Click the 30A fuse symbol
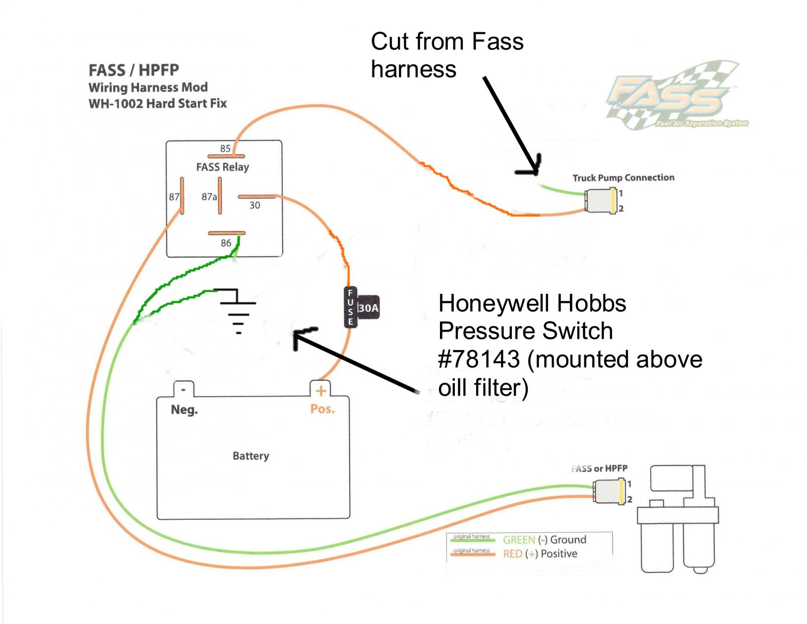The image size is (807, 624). click(361, 308)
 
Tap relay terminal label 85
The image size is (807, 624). click(225, 148)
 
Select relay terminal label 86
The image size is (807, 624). click(226, 243)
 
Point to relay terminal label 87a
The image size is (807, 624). click(209, 197)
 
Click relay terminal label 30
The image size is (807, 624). click(254, 206)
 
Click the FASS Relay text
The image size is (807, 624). click(223, 167)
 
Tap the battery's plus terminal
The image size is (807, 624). click(321, 391)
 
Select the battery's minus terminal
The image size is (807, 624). click(184, 390)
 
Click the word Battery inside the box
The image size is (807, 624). click(251, 456)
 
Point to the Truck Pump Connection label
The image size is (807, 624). click(623, 178)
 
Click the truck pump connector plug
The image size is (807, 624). click(601, 201)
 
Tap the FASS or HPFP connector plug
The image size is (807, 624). click(608, 491)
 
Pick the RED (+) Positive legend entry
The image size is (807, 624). click(540, 554)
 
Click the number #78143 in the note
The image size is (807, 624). click(479, 359)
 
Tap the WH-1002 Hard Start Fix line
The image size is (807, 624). click(158, 104)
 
